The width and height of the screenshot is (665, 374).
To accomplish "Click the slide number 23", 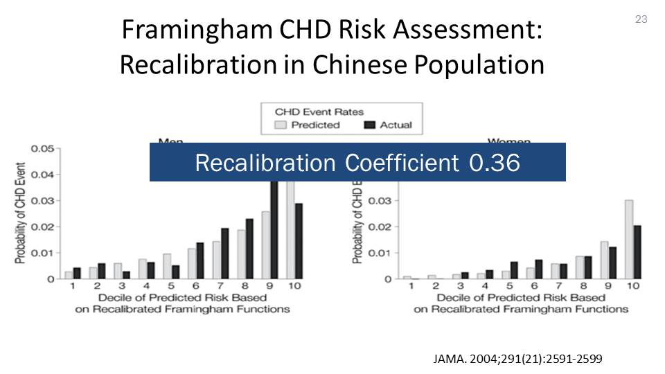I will [641, 19].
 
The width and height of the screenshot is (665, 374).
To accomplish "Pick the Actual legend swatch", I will [369, 125].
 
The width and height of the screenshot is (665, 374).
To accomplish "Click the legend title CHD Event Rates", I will [319, 112].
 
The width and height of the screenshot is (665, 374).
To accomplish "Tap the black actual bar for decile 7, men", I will [224, 253].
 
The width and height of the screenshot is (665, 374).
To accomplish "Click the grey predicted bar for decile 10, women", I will [628, 240].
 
